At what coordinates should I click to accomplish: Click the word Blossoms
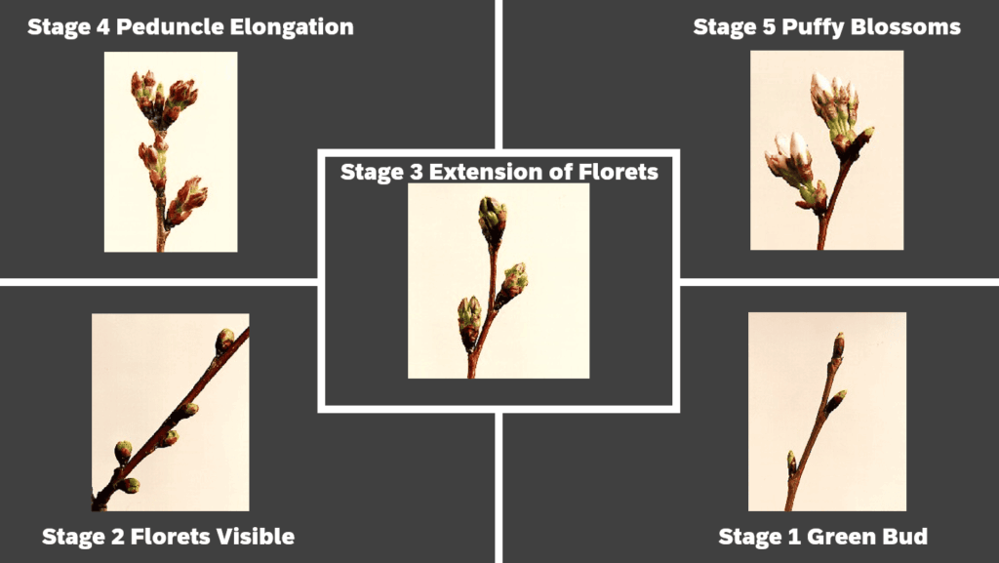click(905, 26)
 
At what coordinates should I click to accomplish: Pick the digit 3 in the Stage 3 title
click(412, 173)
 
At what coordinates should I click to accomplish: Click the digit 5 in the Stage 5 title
click(760, 26)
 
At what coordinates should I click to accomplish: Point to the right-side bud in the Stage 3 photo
click(514, 280)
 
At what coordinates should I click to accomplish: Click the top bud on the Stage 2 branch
click(224, 340)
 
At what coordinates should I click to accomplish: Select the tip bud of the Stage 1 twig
click(838, 344)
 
